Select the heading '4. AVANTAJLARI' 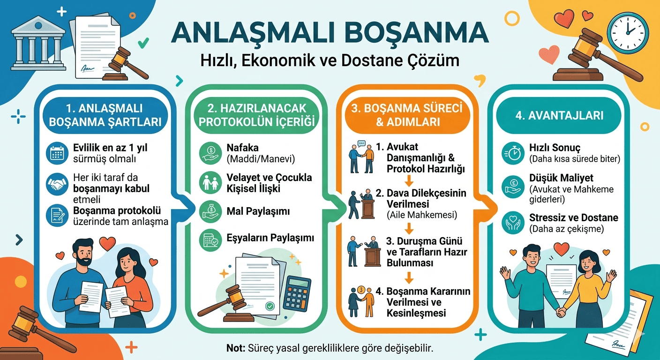[x=559, y=115]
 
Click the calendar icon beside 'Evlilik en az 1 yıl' [x=57, y=153]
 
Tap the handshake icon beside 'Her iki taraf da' [x=57, y=184]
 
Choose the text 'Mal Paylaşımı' [x=265, y=211]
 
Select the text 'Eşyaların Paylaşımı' [x=270, y=238]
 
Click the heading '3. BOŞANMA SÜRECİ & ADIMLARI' [x=407, y=115]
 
